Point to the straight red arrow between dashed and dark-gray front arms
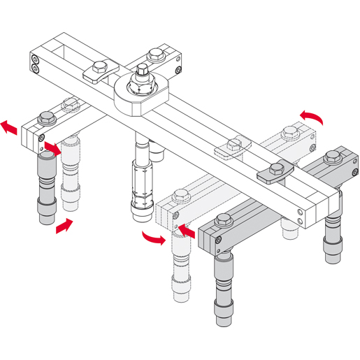(187, 228)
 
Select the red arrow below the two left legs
(63, 225)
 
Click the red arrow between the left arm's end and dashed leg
(53, 147)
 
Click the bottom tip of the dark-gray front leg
(224, 318)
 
